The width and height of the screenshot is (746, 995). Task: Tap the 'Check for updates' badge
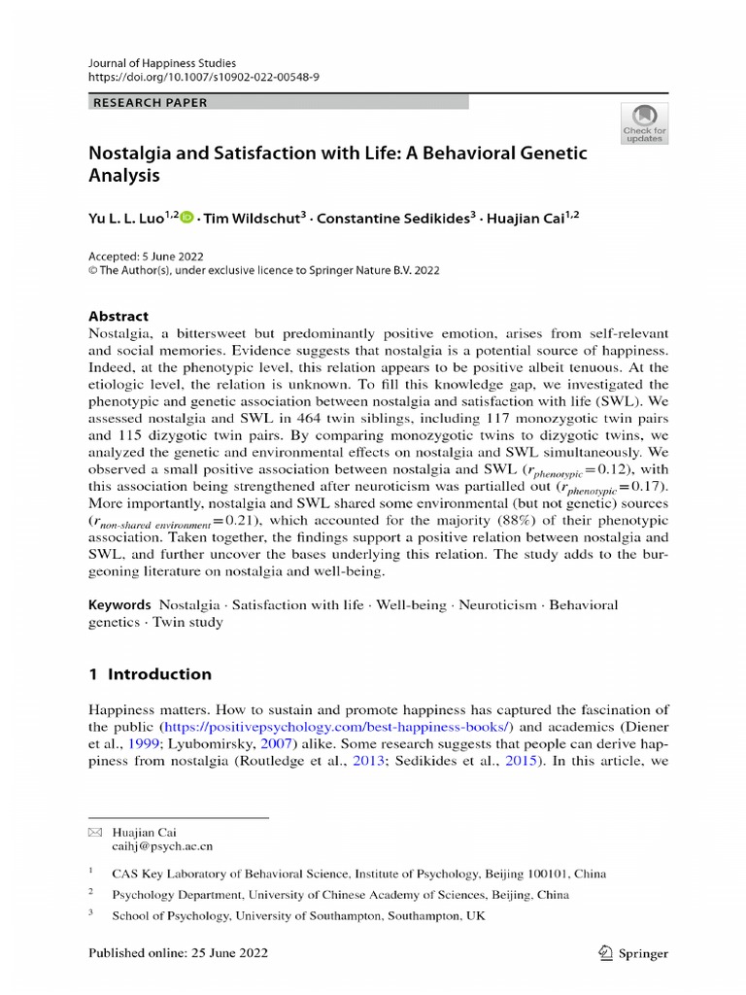point(644,121)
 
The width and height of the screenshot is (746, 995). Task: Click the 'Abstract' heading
point(119,316)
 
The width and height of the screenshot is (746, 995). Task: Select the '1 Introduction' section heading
point(150,673)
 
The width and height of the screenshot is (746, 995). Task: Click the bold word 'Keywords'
point(119,604)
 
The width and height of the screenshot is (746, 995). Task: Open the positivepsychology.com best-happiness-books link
point(337,726)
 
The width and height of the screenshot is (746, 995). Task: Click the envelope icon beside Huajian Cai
point(94,833)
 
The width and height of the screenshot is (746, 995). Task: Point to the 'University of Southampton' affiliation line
point(298,914)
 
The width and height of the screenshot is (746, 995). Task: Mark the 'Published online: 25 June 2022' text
point(178,953)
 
